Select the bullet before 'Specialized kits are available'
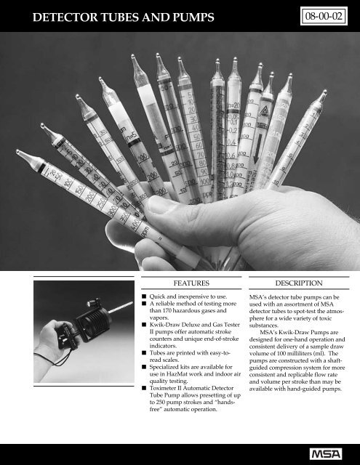tap(144, 359)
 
